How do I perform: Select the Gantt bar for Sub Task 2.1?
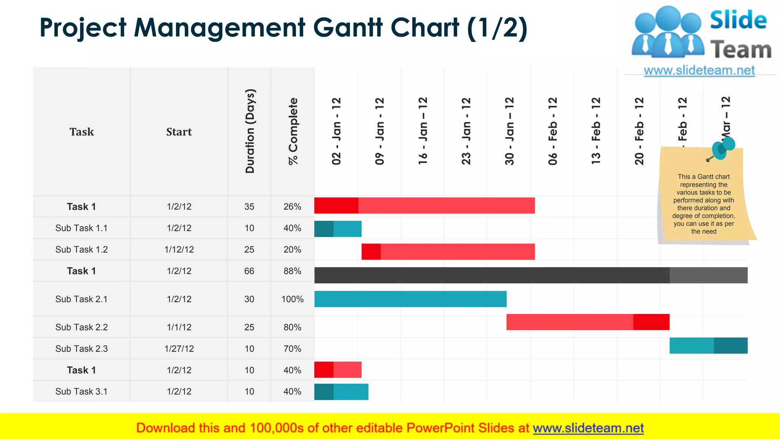point(410,299)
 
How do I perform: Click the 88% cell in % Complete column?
point(292,271)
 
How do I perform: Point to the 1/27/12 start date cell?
point(179,349)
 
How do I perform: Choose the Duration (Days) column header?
point(250,131)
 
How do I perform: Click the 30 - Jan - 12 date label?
point(509,131)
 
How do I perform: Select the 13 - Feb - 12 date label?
point(596,131)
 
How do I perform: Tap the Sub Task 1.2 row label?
point(82,250)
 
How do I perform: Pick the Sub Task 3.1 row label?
point(82,391)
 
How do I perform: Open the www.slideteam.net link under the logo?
point(699,70)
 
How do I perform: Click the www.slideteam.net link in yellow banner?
point(588,428)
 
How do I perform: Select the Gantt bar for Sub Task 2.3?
point(708,346)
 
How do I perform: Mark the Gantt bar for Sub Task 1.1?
point(338,229)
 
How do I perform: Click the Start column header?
point(179,132)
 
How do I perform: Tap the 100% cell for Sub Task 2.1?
point(292,299)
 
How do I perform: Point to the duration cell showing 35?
point(249,207)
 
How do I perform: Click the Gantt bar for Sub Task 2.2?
point(588,322)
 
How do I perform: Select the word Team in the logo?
point(741,50)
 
